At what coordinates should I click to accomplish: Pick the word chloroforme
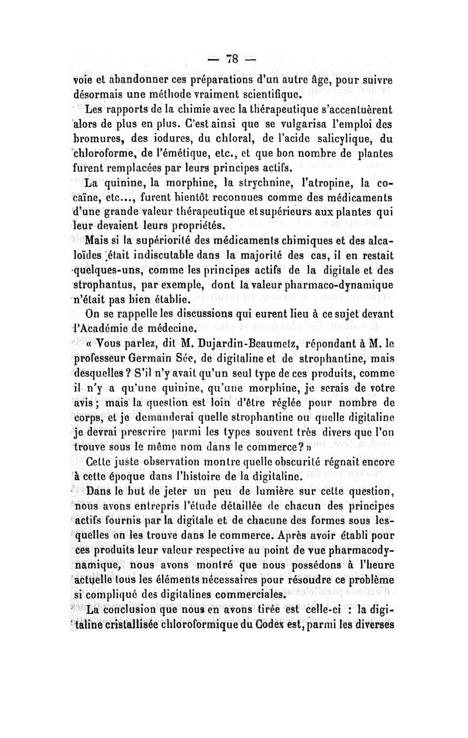coord(109,154)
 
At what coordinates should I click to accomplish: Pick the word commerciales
coord(243,595)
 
